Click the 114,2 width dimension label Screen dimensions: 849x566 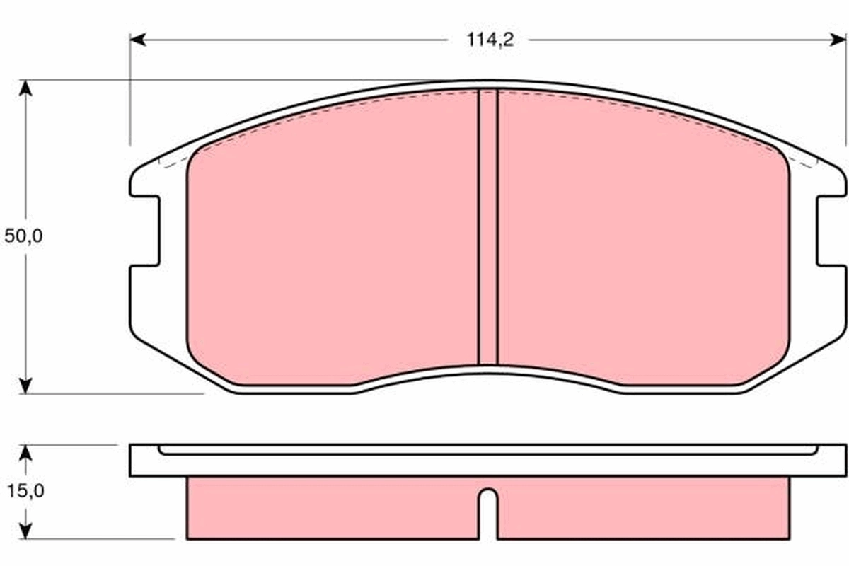coord(490,40)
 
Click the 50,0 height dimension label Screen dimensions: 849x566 coord(23,236)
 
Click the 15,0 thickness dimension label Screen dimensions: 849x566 coord(25,491)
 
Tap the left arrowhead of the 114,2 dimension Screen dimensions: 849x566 coord(137,40)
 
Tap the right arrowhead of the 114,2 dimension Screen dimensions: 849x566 coord(838,40)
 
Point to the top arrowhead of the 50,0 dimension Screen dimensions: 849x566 coord(25,88)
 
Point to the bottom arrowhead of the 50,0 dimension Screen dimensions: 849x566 coord(25,386)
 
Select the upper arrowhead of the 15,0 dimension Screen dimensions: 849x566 coord(25,453)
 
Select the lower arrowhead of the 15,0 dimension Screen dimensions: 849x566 coord(25,531)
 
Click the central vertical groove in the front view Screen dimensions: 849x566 coord(487,228)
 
